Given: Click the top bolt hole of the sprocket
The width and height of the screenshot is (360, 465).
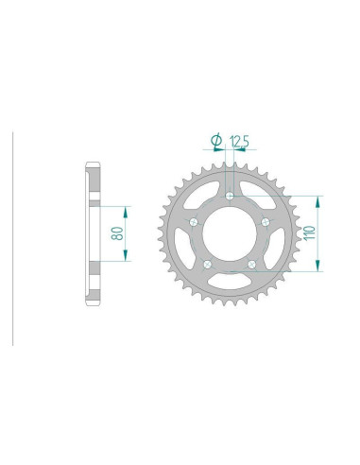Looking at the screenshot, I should click(x=230, y=196).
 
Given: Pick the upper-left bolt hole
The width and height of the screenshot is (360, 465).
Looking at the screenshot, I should click(x=193, y=222).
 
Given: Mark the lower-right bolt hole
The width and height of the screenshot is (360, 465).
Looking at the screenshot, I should click(x=251, y=265).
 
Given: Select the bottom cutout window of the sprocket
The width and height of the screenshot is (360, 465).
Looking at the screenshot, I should click(x=230, y=284).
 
